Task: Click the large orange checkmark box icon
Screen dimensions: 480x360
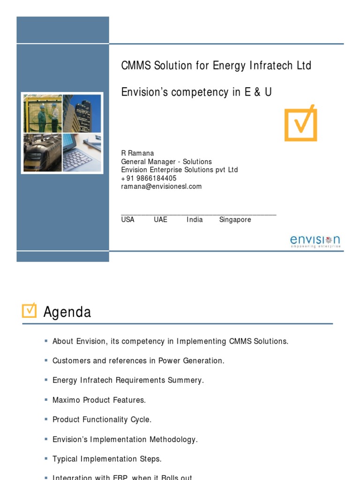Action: click(301, 123)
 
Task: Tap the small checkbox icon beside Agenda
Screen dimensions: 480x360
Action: click(29, 310)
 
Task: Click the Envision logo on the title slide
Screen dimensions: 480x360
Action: click(315, 241)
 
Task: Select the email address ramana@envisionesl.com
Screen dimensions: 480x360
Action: click(161, 187)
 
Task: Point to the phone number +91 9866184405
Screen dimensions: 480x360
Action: click(149, 178)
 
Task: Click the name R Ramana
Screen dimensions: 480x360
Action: click(137, 153)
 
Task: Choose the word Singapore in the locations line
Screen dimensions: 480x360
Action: click(235, 219)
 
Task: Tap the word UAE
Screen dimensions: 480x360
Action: click(160, 219)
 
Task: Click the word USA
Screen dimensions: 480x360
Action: click(127, 219)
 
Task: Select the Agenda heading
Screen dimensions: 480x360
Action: click(67, 312)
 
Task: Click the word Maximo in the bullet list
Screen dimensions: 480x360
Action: click(67, 400)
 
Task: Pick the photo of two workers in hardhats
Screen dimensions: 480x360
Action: click(43, 113)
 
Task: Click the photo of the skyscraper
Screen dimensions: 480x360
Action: click(82, 113)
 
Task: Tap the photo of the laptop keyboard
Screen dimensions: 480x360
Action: click(82, 152)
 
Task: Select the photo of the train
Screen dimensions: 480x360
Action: click(43, 152)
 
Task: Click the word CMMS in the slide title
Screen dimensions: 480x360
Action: click(136, 66)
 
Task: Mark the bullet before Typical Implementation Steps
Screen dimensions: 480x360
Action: click(46, 458)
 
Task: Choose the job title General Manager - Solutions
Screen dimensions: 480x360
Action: click(166, 162)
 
